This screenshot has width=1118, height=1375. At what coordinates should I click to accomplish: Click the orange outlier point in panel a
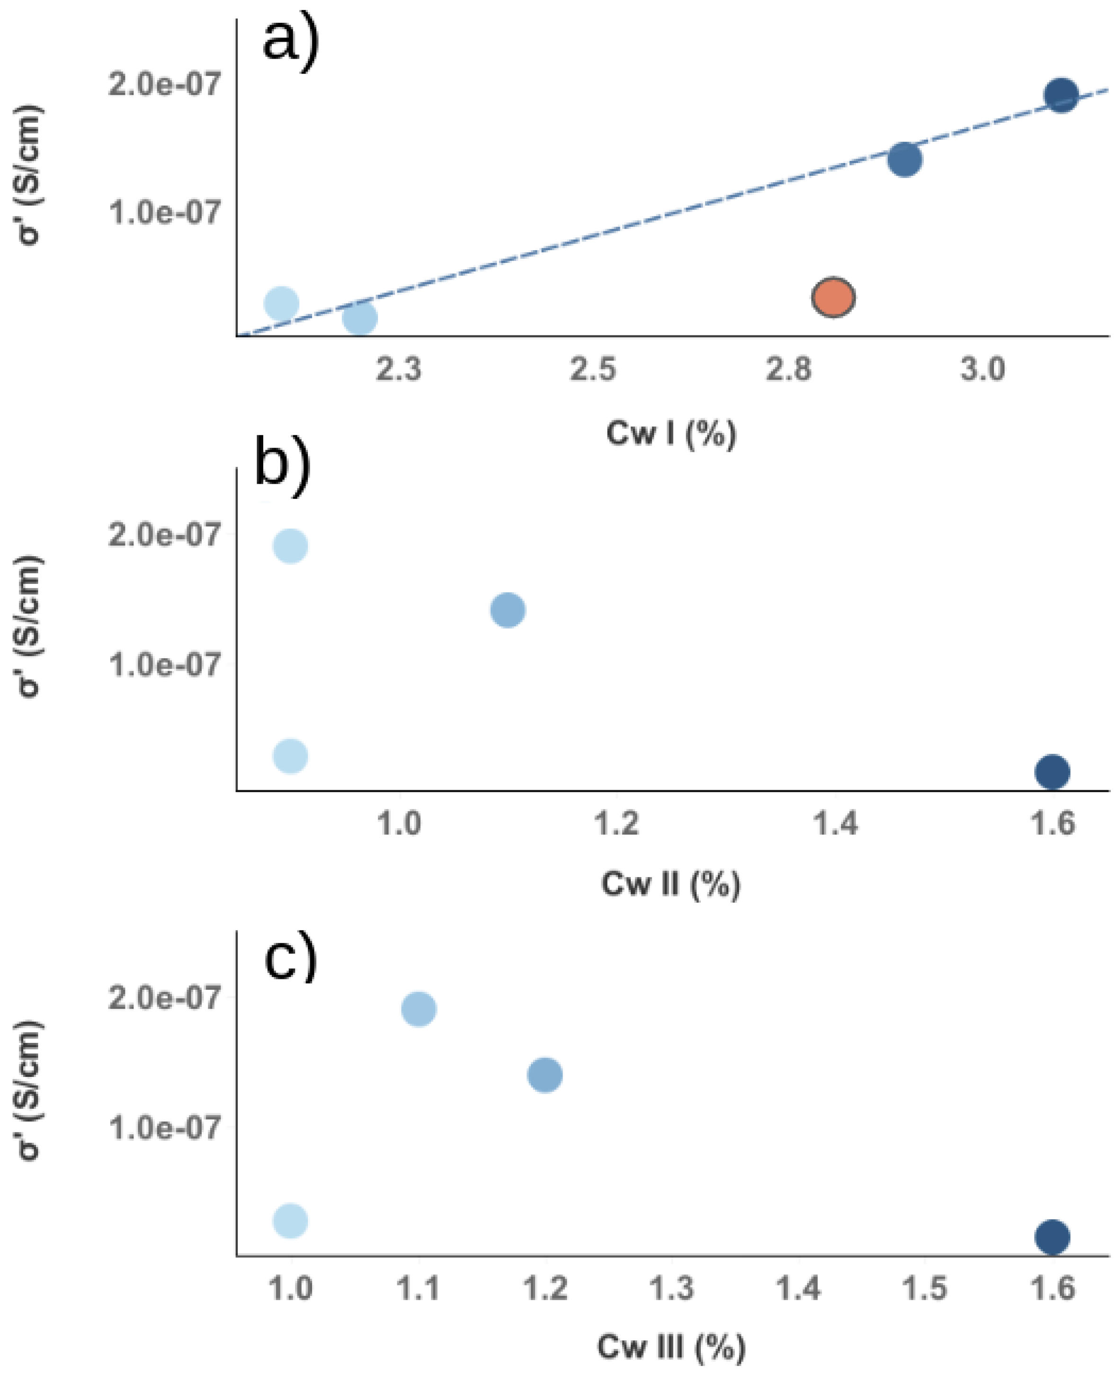click(833, 298)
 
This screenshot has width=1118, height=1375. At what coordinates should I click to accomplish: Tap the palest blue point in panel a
click(281, 303)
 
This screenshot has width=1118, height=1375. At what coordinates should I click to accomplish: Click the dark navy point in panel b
click(1052, 771)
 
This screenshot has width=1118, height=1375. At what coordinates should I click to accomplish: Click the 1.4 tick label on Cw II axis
click(835, 823)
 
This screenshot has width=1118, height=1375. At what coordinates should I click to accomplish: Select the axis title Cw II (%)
click(671, 884)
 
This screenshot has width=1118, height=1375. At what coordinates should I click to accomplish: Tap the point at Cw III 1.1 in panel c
click(419, 1008)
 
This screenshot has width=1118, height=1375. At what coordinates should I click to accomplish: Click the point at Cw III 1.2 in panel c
click(545, 1075)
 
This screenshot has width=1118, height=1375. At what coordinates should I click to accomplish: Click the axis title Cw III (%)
click(671, 1347)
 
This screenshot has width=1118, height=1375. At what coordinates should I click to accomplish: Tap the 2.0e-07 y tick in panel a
click(165, 84)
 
